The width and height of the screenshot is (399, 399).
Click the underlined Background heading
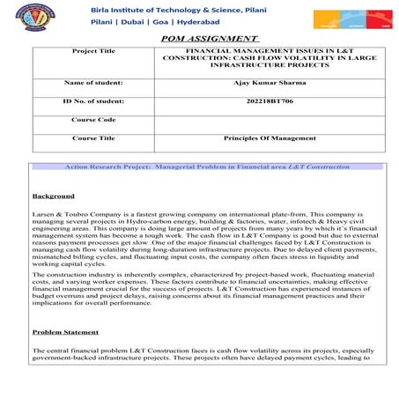53,196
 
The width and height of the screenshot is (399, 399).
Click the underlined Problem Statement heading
67,332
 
